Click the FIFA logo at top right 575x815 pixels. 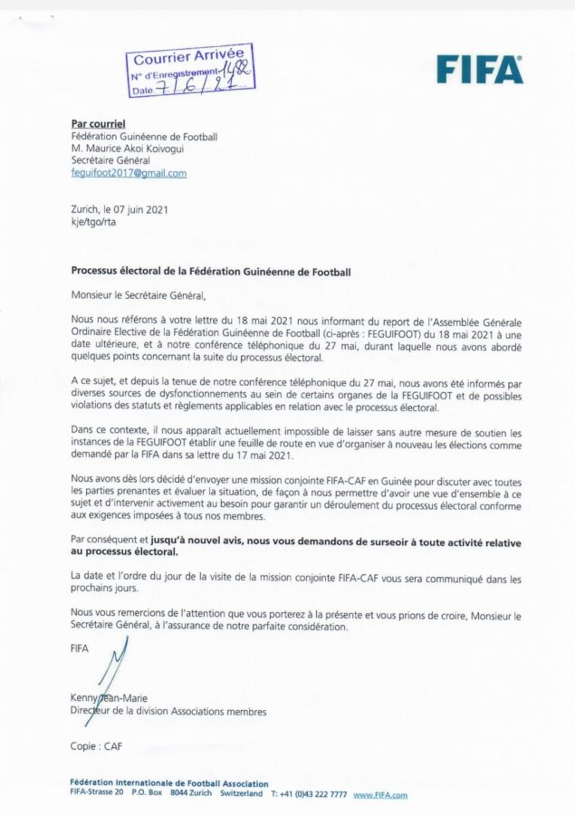click(x=479, y=69)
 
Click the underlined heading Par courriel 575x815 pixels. click(x=98, y=123)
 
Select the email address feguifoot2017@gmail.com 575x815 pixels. click(x=129, y=173)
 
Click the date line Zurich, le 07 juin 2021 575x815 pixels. click(x=119, y=209)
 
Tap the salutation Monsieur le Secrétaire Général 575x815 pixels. click(x=139, y=294)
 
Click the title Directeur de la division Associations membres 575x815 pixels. click(x=168, y=712)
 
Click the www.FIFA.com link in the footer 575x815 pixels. click(x=379, y=795)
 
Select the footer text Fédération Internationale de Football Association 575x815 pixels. click(x=168, y=783)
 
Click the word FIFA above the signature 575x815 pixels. click(x=80, y=648)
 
